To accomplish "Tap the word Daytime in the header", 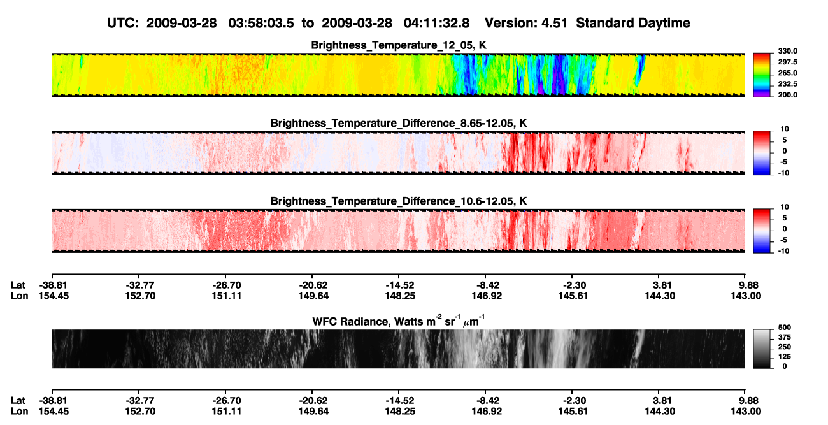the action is (x=664, y=23).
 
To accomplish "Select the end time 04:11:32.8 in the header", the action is (x=436, y=23).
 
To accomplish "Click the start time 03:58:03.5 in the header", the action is (x=261, y=23).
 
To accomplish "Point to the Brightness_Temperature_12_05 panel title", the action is (x=399, y=45).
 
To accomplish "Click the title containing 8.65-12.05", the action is (x=399, y=123).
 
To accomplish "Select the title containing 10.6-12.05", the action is (x=399, y=201).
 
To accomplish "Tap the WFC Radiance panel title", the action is (x=399, y=321).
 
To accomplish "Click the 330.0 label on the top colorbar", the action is (x=787, y=51).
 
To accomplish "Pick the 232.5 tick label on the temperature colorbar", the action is (x=787, y=84).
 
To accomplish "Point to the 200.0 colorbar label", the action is (x=787, y=95).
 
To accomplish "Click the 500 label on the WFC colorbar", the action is (x=785, y=328).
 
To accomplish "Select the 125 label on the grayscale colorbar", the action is (x=785, y=357).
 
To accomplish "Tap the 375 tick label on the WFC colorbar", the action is (x=785, y=337).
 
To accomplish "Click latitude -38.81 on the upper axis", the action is (x=54, y=285).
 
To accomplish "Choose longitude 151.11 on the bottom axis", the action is (x=226, y=412).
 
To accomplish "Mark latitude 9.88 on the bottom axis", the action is (x=746, y=401).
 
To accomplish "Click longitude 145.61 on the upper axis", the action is (x=573, y=296).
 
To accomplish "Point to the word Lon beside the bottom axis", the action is (x=19, y=412).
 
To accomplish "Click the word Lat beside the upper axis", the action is (x=18, y=285).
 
